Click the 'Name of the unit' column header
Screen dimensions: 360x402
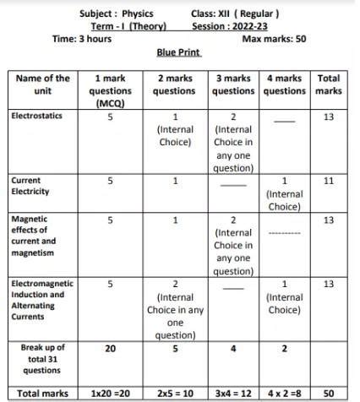[43, 84]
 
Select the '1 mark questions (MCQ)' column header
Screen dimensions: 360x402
[111, 90]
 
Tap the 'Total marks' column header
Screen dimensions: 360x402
[328, 84]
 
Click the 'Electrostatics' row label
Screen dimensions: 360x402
[36, 116]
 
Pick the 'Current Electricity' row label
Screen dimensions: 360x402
[31, 186]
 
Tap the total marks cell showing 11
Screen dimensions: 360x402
[329, 181]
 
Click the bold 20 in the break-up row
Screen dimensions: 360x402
[110, 347]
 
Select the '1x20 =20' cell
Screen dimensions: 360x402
[110, 394]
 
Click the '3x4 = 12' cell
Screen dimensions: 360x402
[232, 394]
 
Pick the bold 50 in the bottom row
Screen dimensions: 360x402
[329, 394]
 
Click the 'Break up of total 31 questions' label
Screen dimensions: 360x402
[43, 358]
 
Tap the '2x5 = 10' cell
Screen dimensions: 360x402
[176, 394]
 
